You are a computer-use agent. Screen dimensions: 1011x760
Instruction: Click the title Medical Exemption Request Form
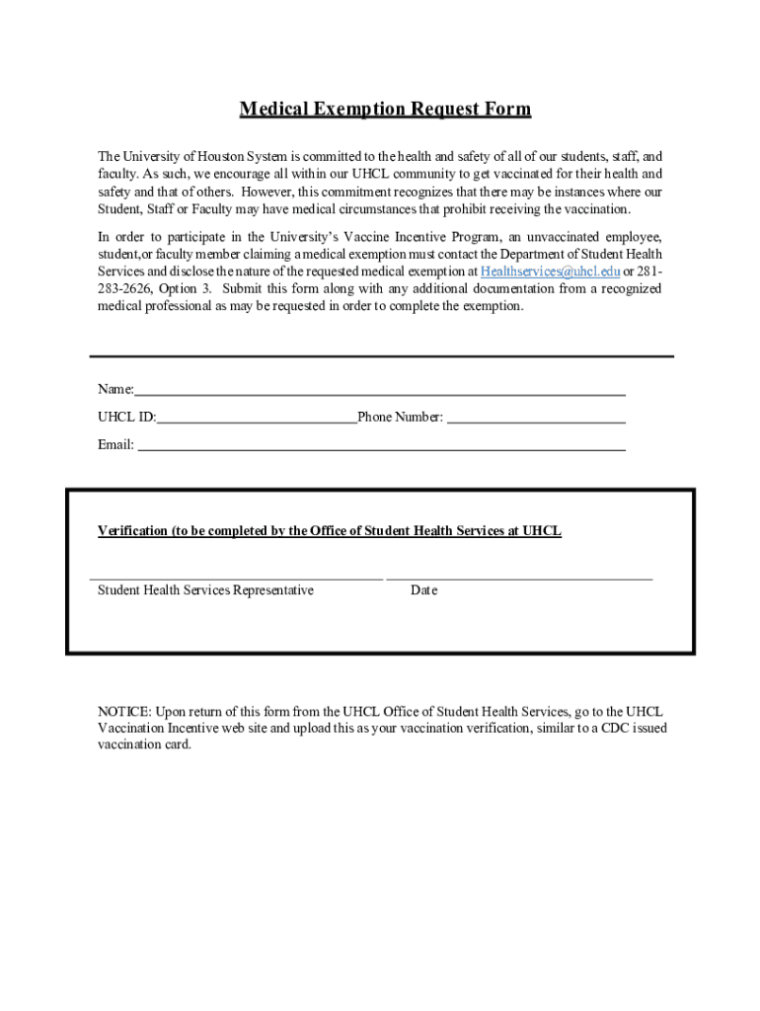[x=385, y=110]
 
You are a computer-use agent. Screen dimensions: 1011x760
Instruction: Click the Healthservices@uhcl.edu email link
[x=550, y=272]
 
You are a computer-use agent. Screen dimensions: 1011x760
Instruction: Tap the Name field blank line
[x=380, y=393]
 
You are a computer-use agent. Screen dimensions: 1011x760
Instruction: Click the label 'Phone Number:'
[x=401, y=418]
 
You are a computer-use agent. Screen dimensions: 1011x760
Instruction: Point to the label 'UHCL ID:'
[x=126, y=418]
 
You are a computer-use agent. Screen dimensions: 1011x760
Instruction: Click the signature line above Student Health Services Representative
[x=237, y=578]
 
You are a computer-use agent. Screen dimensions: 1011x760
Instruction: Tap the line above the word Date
[x=519, y=578]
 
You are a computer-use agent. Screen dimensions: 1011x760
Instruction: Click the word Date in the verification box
[x=424, y=590]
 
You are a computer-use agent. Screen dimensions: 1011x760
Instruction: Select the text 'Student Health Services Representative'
[x=205, y=590]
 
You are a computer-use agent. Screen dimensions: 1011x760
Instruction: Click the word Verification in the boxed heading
[x=132, y=531]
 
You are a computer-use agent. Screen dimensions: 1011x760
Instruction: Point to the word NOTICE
[x=123, y=712]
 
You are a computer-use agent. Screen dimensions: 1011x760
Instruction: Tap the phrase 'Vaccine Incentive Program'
[x=439, y=237]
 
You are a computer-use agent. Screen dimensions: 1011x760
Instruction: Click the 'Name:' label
[x=114, y=390]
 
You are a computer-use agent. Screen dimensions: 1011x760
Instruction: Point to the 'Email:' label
[x=115, y=445]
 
